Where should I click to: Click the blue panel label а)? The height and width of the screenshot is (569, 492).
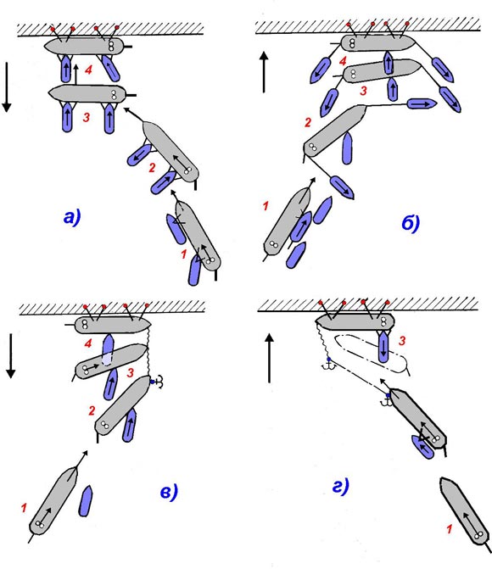click(x=72, y=217)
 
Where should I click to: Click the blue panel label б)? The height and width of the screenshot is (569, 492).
click(x=411, y=223)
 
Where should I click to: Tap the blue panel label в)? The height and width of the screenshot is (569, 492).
click(x=169, y=492)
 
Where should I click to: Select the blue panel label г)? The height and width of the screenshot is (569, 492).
click(x=341, y=486)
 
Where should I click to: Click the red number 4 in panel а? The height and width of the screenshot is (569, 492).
click(x=88, y=70)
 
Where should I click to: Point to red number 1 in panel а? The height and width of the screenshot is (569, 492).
click(x=184, y=254)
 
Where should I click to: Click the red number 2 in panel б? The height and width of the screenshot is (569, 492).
click(x=308, y=122)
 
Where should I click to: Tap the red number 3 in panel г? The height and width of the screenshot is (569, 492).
click(x=401, y=340)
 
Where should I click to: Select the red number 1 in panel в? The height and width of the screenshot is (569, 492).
click(x=24, y=508)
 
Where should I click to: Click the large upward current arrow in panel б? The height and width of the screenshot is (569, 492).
click(x=264, y=72)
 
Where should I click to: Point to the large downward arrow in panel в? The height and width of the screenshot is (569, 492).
click(x=11, y=355)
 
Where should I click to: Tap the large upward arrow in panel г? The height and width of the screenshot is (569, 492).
click(x=269, y=358)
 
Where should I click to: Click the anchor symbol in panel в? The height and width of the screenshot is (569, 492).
click(x=158, y=382)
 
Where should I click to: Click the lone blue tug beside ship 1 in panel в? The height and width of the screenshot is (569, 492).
click(x=86, y=501)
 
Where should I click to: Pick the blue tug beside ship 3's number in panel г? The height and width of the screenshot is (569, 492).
click(x=383, y=347)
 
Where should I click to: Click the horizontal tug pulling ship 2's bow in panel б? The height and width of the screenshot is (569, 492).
click(x=422, y=104)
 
